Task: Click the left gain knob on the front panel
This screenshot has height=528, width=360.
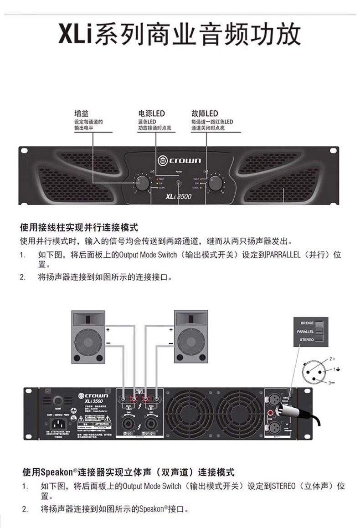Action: tap(142, 183)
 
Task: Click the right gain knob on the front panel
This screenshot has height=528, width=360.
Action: tap(216, 183)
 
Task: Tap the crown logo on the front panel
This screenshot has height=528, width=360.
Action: tap(179, 160)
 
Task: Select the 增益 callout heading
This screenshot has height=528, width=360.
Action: tap(82, 113)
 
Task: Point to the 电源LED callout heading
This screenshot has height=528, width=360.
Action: tap(151, 113)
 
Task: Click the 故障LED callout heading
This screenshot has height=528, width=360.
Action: tap(205, 113)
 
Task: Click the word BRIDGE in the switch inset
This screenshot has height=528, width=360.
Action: tap(307, 323)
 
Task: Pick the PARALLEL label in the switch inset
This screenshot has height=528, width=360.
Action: tap(305, 332)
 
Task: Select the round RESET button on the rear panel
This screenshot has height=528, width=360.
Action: tap(58, 401)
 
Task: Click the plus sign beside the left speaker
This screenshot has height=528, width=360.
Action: tap(108, 329)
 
